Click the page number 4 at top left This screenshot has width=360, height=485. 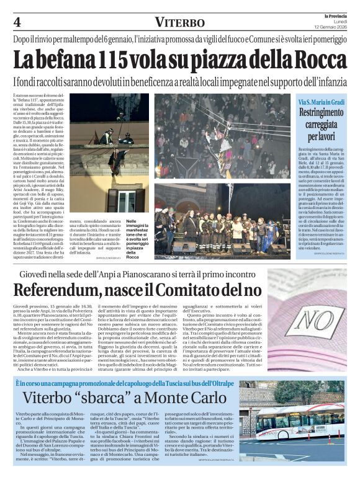coord(17,22)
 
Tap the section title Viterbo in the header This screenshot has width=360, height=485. coord(179,22)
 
